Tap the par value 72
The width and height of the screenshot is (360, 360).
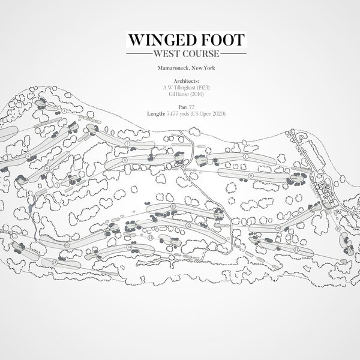(191, 107)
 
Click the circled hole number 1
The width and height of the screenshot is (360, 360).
(246, 157)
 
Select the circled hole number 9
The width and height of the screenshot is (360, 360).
(250, 175)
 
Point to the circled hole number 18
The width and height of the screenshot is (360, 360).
(278, 229)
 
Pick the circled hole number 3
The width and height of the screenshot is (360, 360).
(64, 111)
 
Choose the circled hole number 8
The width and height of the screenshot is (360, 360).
(124, 161)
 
